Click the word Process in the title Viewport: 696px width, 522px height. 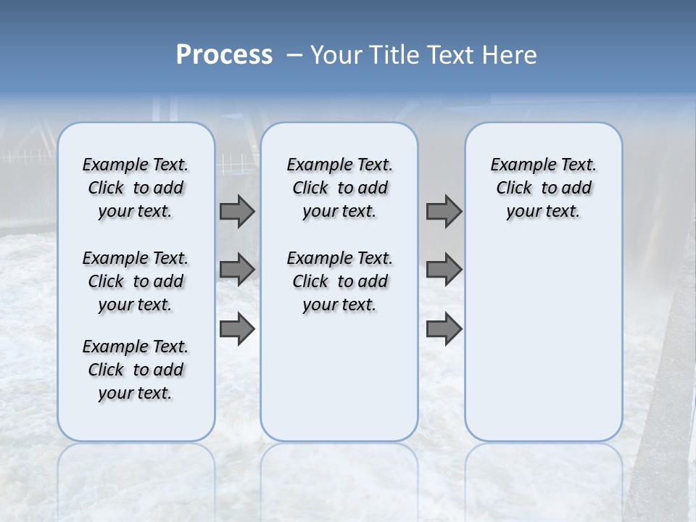224,55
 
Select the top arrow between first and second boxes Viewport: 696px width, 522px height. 237,211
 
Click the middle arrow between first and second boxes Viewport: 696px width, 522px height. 237,269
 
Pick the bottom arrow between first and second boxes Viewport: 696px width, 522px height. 237,328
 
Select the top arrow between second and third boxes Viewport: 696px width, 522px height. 444,211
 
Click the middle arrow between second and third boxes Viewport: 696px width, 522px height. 444,269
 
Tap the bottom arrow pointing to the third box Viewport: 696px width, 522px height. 444,328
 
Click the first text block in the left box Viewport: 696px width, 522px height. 136,188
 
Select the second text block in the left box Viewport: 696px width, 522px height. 136,281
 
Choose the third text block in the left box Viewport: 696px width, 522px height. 136,370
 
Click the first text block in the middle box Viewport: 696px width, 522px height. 339,188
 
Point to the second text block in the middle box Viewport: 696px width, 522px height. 339,281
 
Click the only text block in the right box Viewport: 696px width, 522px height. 543,188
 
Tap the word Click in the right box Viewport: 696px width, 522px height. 514,188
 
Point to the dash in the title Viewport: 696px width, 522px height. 294,55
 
